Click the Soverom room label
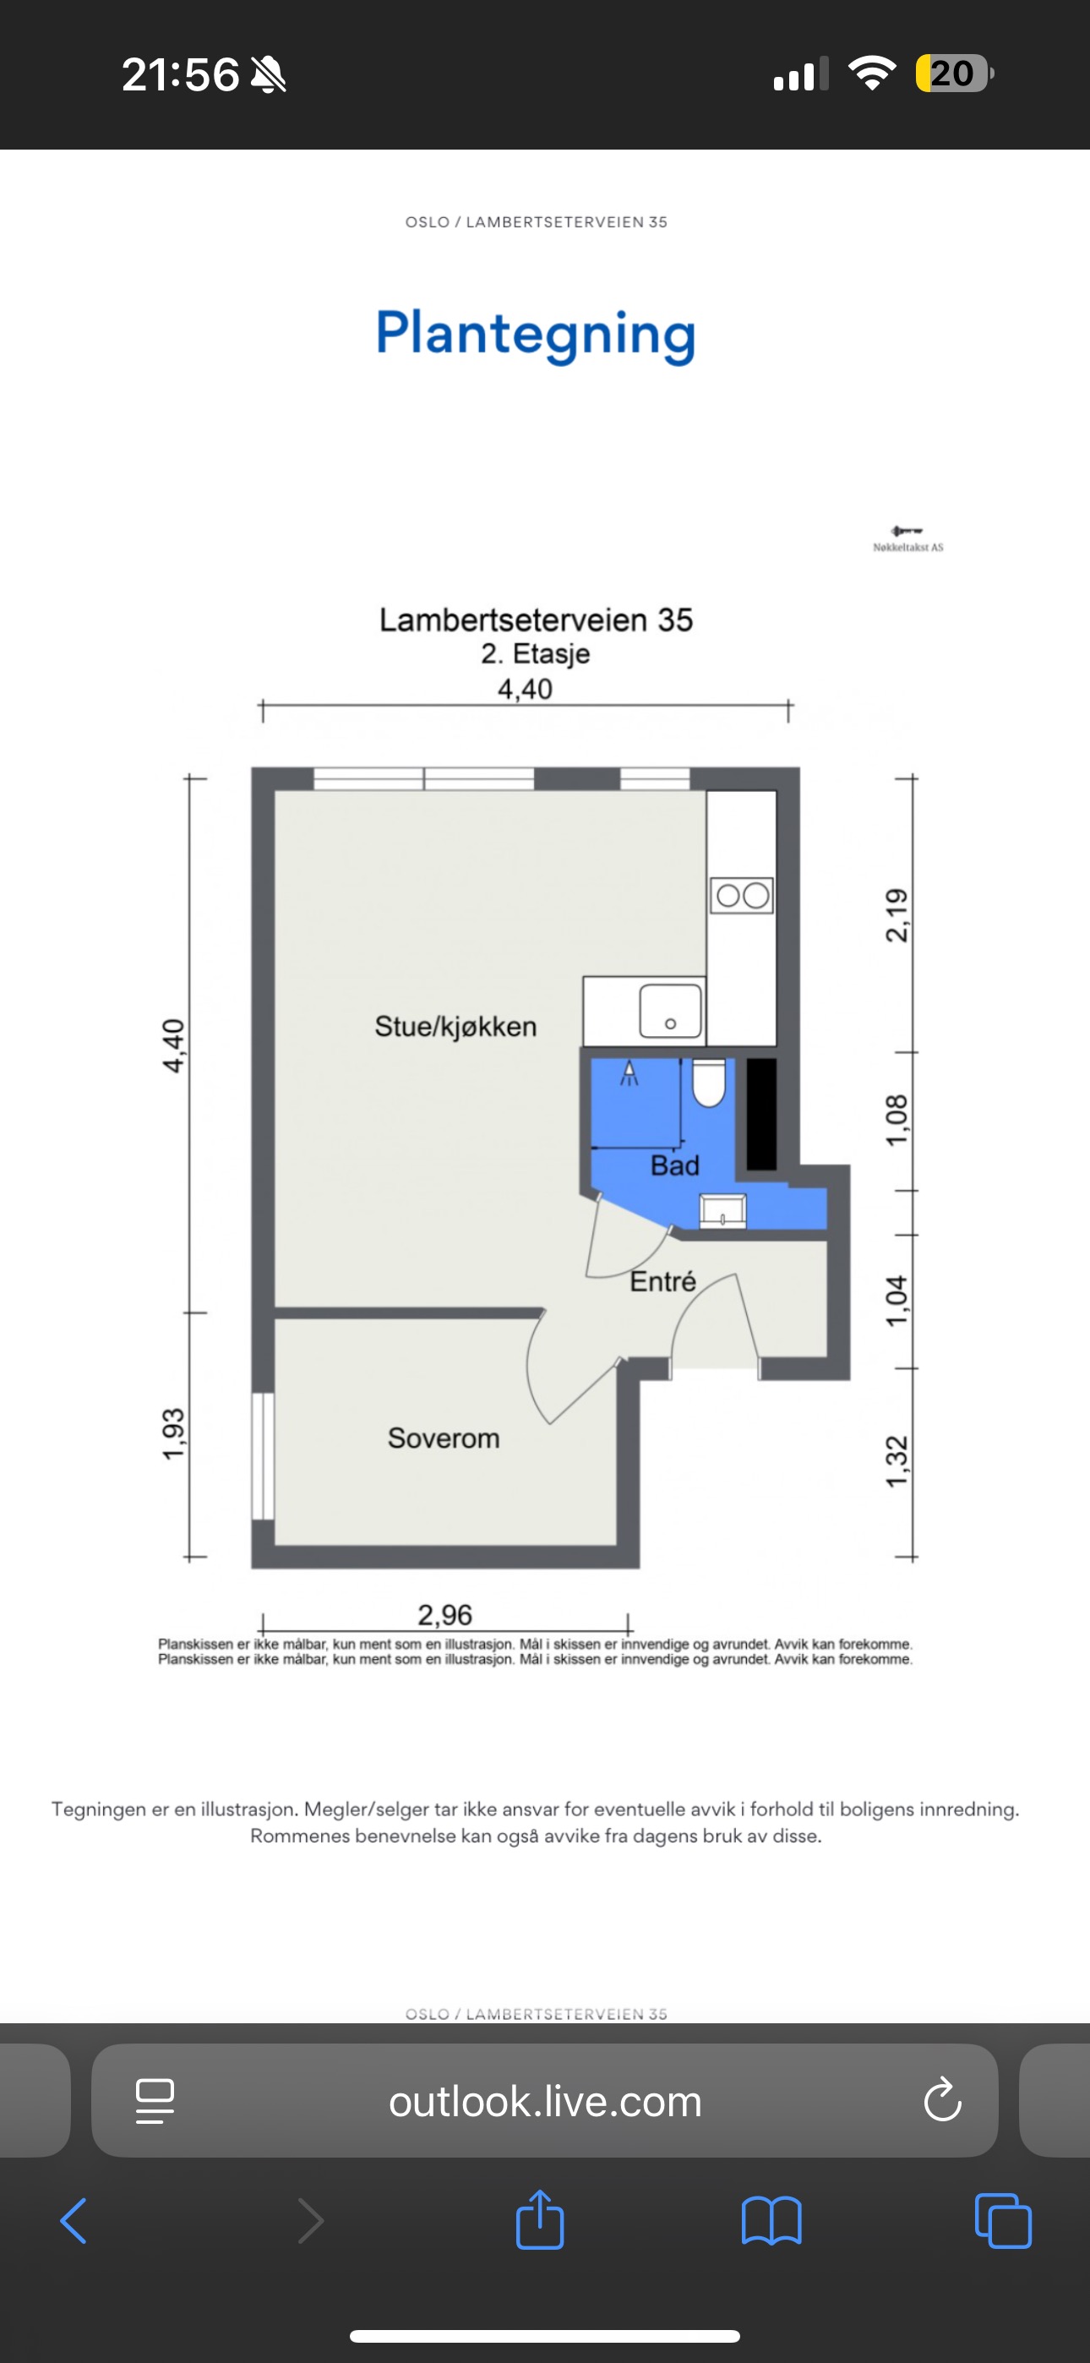coord(443,1438)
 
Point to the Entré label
coord(662,1280)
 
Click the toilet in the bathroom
coord(708,1083)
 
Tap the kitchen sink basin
coord(671,1011)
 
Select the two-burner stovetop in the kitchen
coord(741,895)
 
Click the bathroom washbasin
coord(723,1212)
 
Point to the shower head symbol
coord(629,1073)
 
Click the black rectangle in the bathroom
coord(761,1115)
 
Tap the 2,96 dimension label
coord(445,1614)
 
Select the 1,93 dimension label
coord(173,1433)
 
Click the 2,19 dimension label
coord(897,914)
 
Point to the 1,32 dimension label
coord(897,1462)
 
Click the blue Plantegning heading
coord(536,335)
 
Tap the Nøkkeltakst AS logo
coord(907,538)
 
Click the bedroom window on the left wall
coord(264,1456)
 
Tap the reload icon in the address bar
coord(942,2099)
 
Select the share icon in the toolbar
coord(539,2219)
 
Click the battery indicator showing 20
coord(954,74)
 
